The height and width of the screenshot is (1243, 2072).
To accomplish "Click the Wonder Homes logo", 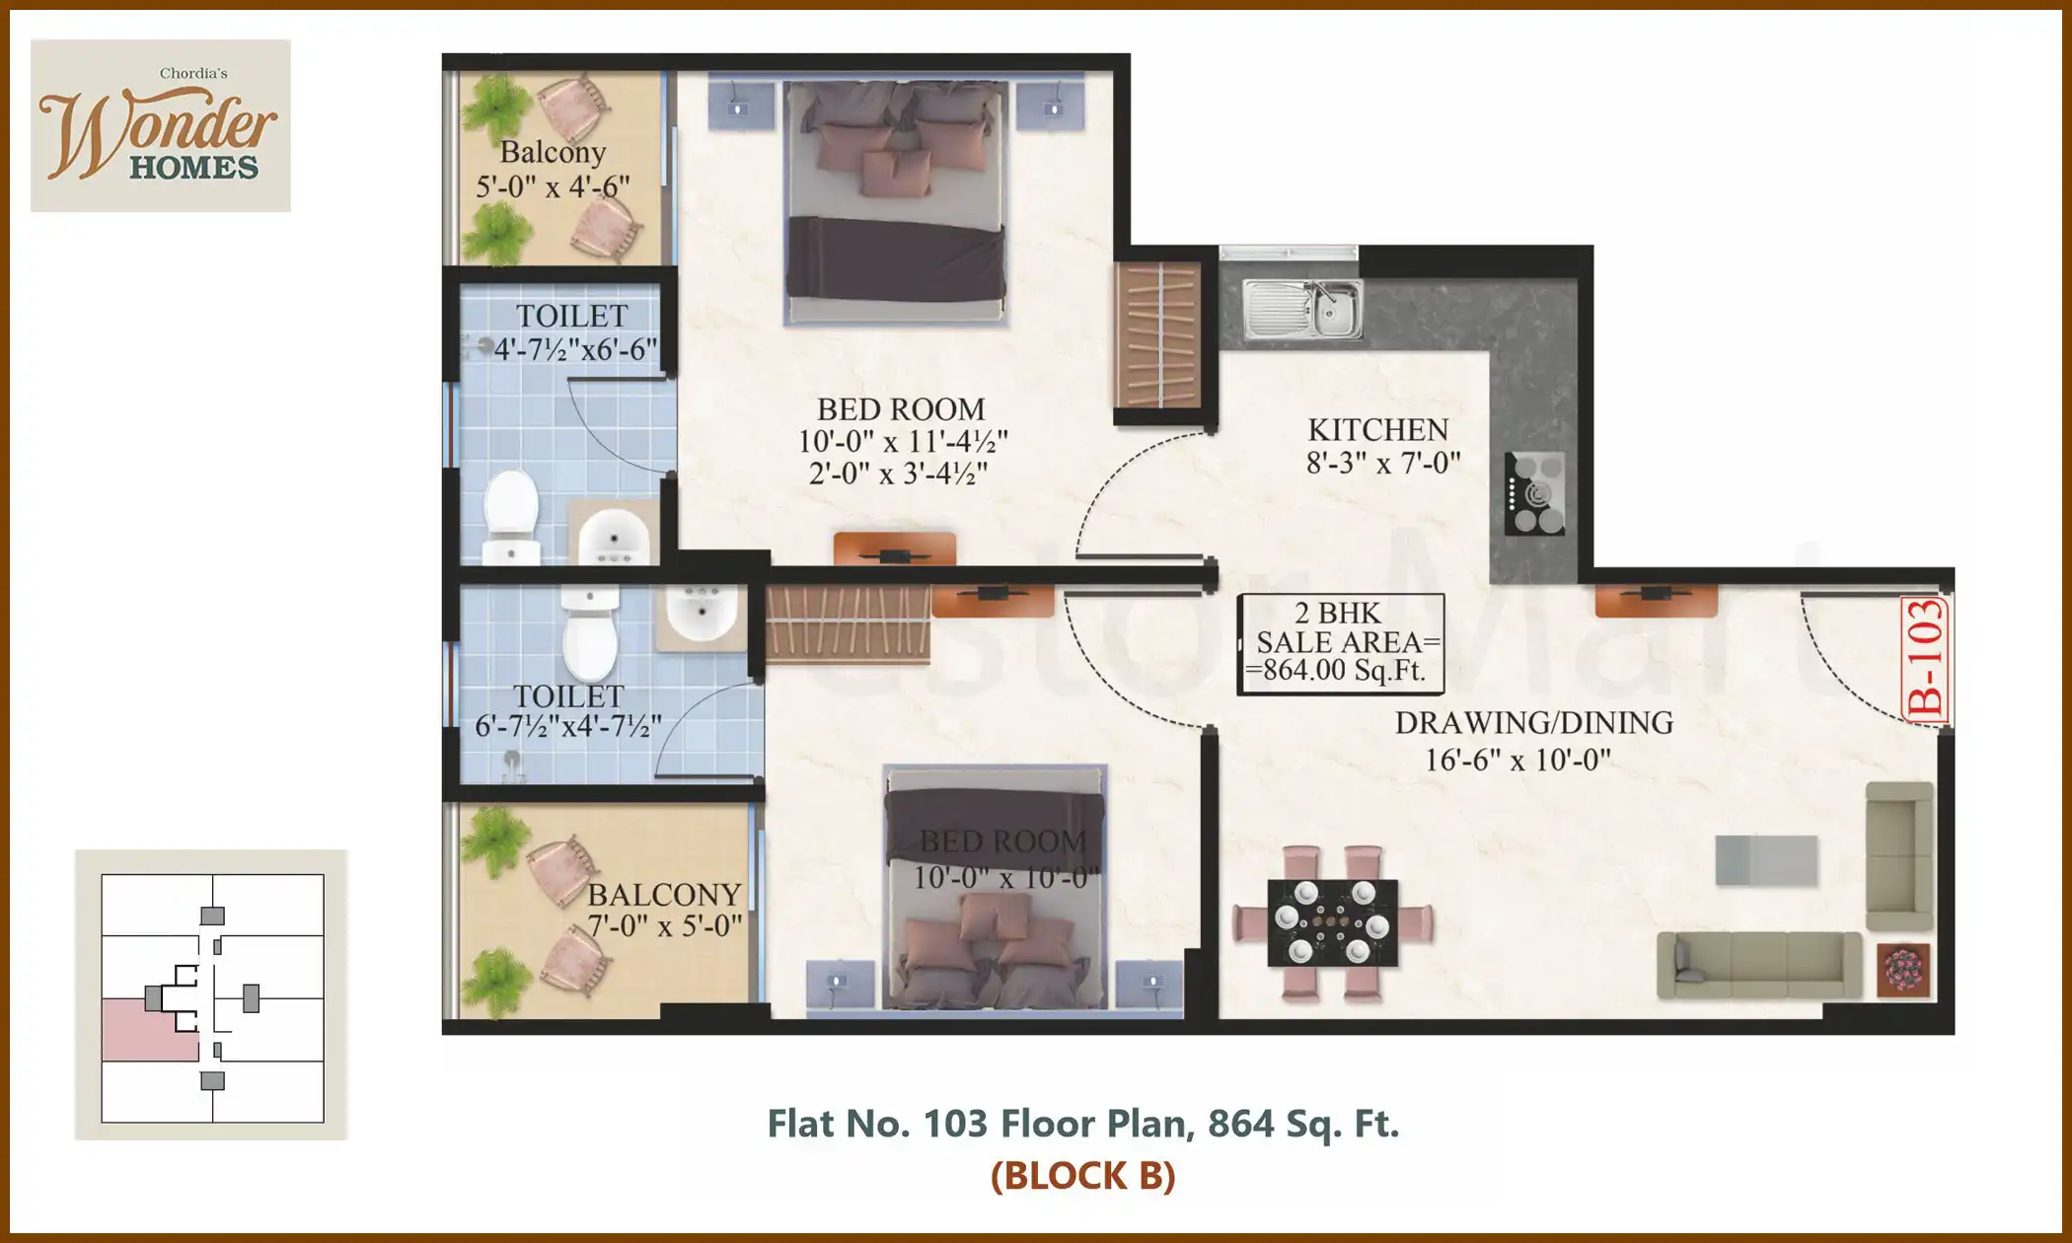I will coord(160,126).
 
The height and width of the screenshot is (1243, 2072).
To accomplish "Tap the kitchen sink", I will coord(1302,309).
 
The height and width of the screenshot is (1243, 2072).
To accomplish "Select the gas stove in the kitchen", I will coord(1534,493).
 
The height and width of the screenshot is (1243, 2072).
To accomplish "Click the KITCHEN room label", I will coord(1377,430).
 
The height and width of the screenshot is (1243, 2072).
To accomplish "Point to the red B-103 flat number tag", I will coord(1925,659).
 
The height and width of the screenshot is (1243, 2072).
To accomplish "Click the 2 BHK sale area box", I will coord(1341,643).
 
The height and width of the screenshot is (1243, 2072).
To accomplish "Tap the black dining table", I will coord(1332,922).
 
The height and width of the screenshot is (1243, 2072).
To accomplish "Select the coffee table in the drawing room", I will coord(1766,860).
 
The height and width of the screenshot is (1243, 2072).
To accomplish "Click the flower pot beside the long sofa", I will coord(1903,970).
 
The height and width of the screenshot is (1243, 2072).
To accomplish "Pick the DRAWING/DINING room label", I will coord(1533,723).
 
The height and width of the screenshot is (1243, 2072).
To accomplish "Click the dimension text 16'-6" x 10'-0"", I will coord(1517,760).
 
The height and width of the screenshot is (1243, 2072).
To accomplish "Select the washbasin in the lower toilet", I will coord(701,614).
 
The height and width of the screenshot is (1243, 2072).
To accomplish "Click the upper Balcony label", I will coord(553,152).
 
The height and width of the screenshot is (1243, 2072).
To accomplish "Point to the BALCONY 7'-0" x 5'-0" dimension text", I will coord(665,926).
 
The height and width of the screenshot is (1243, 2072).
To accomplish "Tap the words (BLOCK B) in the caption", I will coord(1082,1176).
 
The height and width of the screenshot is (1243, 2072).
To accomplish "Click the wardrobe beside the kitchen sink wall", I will coord(1158,335).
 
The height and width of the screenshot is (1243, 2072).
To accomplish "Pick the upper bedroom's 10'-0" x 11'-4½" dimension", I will coord(902,441).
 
